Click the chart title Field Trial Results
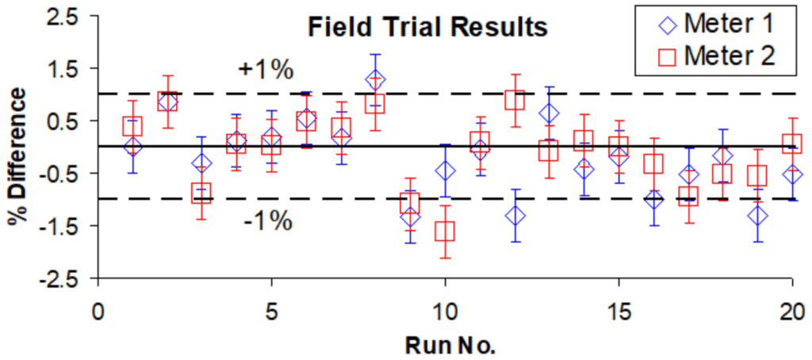428,28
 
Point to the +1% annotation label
266,70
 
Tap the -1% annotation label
266,221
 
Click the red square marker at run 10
445,231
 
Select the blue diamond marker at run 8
375,80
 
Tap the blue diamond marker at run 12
515,215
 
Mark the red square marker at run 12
515,100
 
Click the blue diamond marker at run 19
758,215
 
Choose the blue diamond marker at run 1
132,146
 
